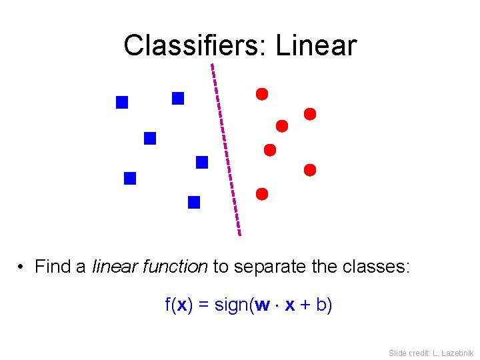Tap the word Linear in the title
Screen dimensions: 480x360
click(x=316, y=45)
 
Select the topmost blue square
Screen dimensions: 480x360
click(x=178, y=99)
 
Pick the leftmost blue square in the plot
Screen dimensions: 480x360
click(x=122, y=103)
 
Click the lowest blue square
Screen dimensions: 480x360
click(x=194, y=203)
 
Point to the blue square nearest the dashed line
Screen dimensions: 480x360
click(x=202, y=162)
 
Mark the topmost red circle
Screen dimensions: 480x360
click(x=262, y=94)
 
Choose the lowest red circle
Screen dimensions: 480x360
click(x=262, y=194)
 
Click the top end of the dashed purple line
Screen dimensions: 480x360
click(x=212, y=65)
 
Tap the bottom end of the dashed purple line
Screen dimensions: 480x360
click(x=239, y=235)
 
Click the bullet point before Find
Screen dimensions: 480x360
click(x=22, y=268)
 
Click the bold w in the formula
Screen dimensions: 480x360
click(x=263, y=305)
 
